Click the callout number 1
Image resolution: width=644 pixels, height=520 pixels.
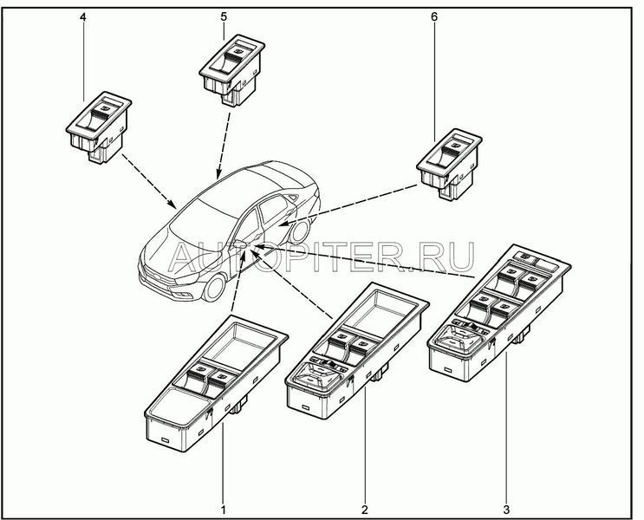tap(224, 510)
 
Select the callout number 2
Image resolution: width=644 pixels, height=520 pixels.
tap(365, 510)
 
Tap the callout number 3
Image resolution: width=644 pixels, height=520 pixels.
tap(506, 510)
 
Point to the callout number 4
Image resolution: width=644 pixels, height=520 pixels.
tap(83, 16)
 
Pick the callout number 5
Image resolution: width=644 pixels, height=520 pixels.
tap(224, 16)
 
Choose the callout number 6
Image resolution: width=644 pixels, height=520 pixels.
tap(434, 16)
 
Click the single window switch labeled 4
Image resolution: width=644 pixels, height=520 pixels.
tap(99, 127)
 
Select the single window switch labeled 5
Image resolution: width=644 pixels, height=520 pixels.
tap(232, 70)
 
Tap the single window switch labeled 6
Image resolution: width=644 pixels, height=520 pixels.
tap(449, 164)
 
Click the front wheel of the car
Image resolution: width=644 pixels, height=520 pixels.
tap(214, 287)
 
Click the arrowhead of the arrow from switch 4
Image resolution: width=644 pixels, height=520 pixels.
tap(172, 204)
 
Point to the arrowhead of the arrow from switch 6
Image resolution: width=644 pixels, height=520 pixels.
tap(283, 224)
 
